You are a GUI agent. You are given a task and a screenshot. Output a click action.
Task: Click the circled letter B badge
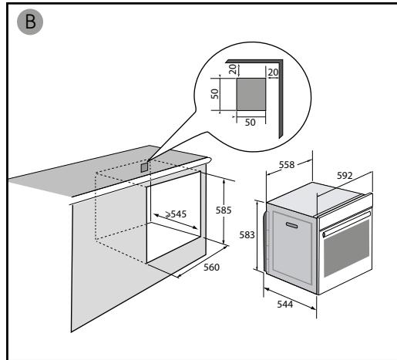pyautogui.click(x=30, y=22)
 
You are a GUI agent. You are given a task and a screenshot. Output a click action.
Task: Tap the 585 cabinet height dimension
pyautogui.click(x=224, y=210)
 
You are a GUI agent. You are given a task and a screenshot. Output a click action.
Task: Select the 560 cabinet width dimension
pyautogui.click(x=211, y=267)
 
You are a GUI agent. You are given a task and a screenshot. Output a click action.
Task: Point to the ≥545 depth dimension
pyautogui.click(x=176, y=214)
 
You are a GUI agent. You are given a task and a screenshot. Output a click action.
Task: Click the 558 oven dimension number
pyautogui.click(x=287, y=165)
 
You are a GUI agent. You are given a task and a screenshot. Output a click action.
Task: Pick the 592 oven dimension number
pyautogui.click(x=345, y=176)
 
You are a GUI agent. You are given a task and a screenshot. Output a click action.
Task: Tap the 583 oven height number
pyautogui.click(x=247, y=235)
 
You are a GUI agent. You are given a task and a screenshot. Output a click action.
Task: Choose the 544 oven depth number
pyautogui.click(x=285, y=304)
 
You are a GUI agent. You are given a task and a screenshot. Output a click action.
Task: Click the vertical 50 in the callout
pyautogui.click(x=215, y=94)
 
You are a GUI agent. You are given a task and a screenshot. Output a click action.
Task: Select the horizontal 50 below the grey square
pyautogui.click(x=250, y=123)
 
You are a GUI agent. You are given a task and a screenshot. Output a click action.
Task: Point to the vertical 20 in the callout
pyautogui.click(x=233, y=69)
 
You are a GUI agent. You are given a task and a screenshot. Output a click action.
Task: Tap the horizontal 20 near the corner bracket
pyautogui.click(x=273, y=72)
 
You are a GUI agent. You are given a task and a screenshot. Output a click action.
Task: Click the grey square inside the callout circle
pyautogui.click(x=251, y=95)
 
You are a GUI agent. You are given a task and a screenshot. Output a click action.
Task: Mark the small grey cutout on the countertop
pyautogui.click(x=145, y=167)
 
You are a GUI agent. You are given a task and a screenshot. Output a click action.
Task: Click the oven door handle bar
pyautogui.click(x=346, y=223)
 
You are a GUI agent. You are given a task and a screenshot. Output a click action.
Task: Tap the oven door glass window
pyautogui.click(x=346, y=248)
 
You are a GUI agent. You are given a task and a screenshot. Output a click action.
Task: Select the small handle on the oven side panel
pyautogui.click(x=291, y=225)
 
